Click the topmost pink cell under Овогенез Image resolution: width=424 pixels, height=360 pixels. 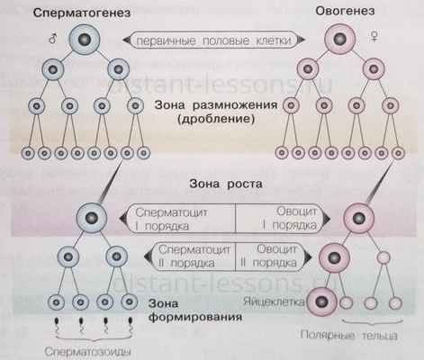342,40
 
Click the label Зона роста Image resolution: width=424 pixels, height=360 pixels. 213,184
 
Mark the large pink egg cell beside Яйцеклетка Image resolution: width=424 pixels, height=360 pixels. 320,303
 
